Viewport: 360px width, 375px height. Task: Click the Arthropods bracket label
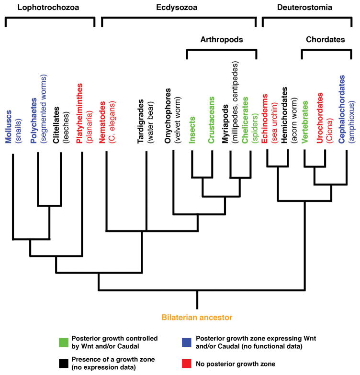pos(221,40)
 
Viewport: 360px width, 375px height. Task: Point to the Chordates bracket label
pos(326,40)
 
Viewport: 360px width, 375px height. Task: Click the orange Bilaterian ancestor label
pos(197,317)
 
